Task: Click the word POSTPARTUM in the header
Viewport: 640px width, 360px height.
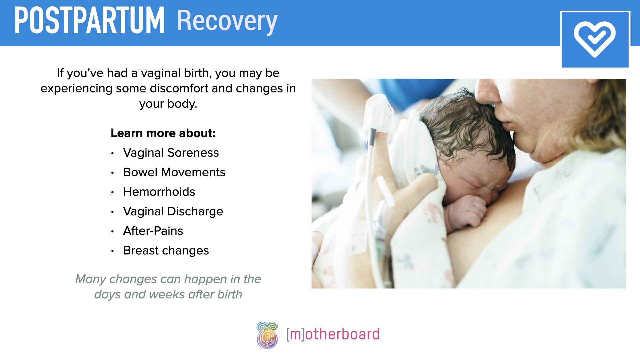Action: [89, 21]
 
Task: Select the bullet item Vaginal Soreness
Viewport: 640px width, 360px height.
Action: [171, 153]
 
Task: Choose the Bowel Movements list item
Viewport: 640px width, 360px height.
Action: [174, 172]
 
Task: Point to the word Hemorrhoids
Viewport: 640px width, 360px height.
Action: [159, 192]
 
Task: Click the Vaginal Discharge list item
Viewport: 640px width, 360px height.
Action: [173, 211]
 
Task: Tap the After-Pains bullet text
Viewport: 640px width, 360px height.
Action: [153, 231]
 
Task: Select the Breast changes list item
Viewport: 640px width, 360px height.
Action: [166, 251]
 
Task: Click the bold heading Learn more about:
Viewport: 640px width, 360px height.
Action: [163, 133]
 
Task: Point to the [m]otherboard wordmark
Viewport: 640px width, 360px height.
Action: [333, 334]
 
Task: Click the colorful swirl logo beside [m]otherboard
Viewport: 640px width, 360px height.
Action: [267, 335]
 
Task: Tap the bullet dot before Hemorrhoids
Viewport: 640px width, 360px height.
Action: [113, 192]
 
